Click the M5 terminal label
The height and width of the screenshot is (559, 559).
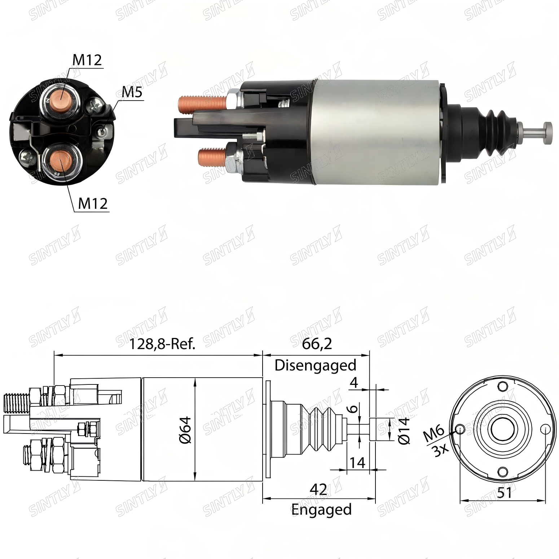pyautogui.click(x=132, y=93)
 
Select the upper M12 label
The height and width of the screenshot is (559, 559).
pyautogui.click(x=88, y=60)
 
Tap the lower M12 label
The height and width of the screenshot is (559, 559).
pyautogui.click(x=93, y=204)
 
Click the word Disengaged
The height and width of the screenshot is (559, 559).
pyautogui.click(x=316, y=365)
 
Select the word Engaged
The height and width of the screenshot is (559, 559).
pyautogui.click(x=321, y=510)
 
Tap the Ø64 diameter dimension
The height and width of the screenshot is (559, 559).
pyautogui.click(x=186, y=430)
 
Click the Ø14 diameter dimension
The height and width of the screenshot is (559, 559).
pyautogui.click(x=404, y=431)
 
